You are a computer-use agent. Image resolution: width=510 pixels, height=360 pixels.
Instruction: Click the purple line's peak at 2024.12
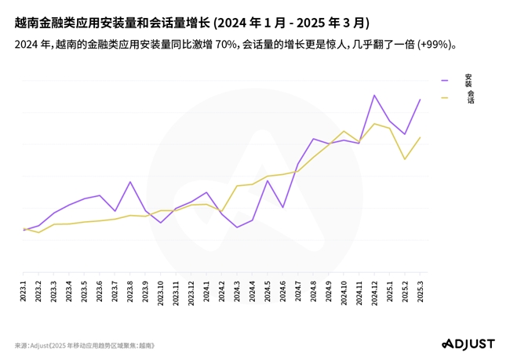[x=375, y=95]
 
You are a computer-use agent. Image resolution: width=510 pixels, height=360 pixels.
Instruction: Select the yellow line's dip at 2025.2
[x=406, y=159]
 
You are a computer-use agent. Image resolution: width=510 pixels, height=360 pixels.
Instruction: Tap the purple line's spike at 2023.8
[x=130, y=182]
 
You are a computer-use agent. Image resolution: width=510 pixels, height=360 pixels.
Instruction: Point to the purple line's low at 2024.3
[x=237, y=227]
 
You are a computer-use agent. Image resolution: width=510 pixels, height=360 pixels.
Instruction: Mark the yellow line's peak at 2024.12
[x=375, y=123]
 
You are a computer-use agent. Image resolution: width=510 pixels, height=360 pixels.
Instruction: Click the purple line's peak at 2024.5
[x=268, y=180]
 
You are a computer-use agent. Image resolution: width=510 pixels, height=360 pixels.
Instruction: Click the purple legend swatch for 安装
[x=445, y=80]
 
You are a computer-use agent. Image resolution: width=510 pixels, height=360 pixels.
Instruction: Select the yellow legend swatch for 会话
[x=445, y=97]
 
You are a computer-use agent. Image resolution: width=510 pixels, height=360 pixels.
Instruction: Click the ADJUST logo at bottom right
[x=468, y=344]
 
